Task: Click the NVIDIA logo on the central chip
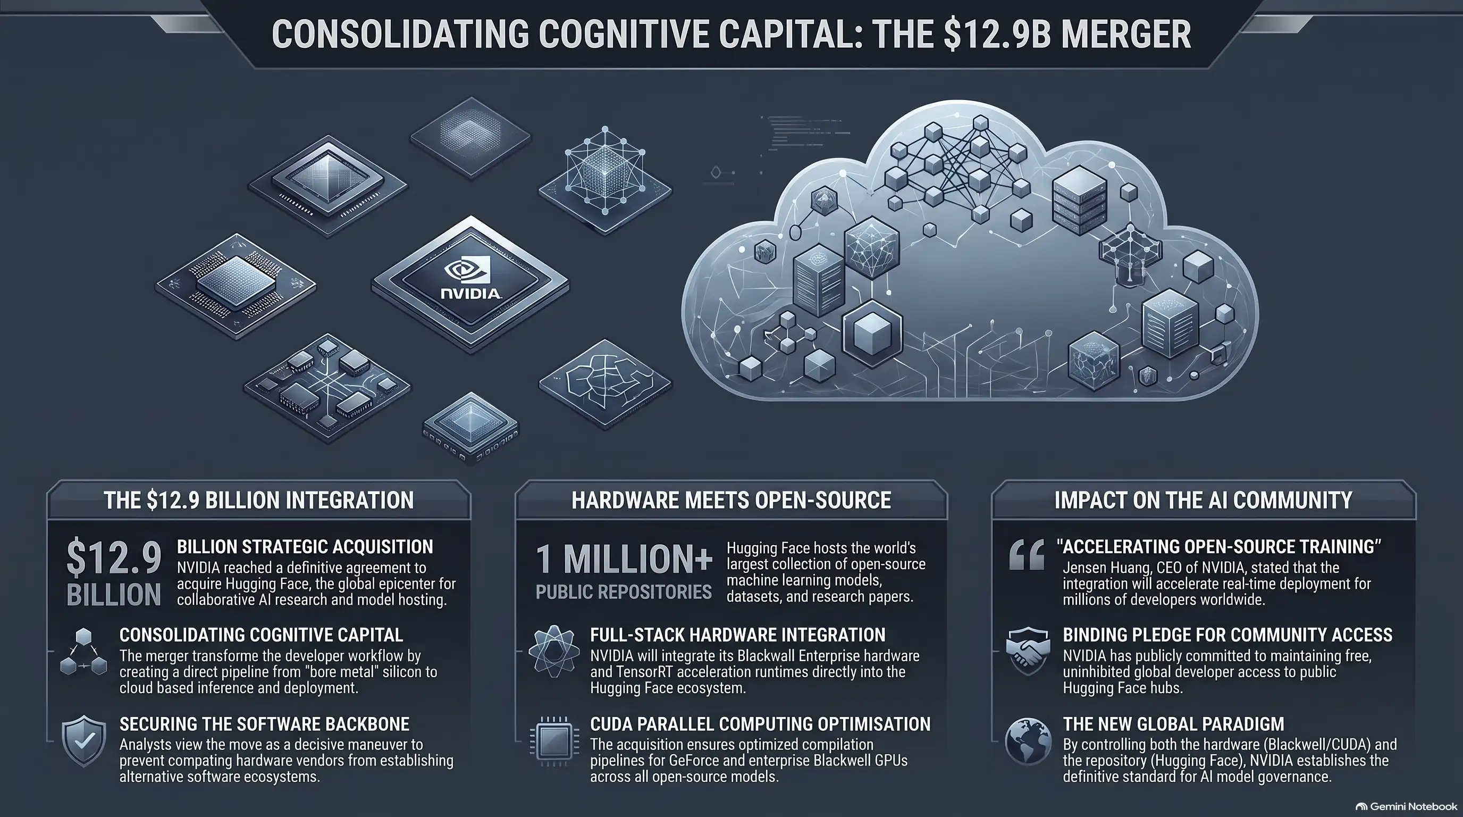(x=471, y=279)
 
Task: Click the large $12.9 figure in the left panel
(x=114, y=558)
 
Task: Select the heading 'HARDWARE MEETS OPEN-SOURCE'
(x=731, y=500)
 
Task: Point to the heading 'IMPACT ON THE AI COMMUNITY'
(x=1204, y=500)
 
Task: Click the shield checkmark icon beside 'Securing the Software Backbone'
(x=84, y=741)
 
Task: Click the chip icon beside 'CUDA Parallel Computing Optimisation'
(x=554, y=741)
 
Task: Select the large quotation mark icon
(x=1027, y=555)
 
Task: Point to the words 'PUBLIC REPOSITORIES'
(x=624, y=592)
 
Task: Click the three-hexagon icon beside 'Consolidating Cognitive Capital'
(x=83, y=652)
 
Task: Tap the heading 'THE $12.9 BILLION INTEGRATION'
(x=258, y=500)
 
